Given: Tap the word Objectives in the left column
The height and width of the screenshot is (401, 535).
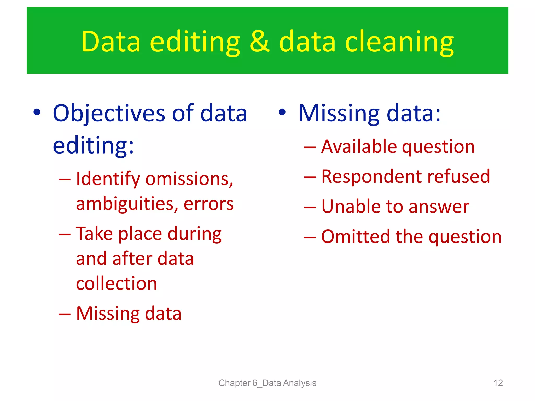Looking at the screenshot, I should tap(109, 113).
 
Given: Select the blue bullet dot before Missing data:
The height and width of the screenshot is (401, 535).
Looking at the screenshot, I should tap(282, 112).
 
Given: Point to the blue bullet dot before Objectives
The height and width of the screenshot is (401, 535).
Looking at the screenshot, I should tap(37, 112).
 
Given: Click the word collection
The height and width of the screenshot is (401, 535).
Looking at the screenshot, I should tap(117, 284).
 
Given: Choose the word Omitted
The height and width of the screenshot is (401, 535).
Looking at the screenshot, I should tap(355, 237).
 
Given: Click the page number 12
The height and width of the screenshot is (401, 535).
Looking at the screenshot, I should tap(498, 383).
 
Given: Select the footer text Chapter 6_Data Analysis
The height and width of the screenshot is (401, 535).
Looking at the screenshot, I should tap(267, 383).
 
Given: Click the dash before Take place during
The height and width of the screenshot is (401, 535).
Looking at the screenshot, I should tap(65, 234).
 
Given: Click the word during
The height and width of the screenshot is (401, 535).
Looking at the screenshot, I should tap(195, 234).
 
